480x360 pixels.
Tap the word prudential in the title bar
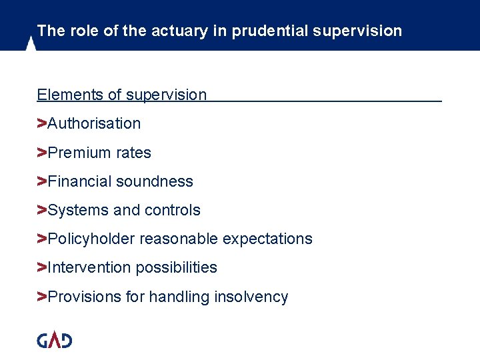coord(265,31)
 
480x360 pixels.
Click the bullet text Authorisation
coord(94,123)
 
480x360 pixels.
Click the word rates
coord(133,153)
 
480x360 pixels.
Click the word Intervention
coord(89,267)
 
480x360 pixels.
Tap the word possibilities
coord(177,267)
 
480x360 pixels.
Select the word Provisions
coord(84,297)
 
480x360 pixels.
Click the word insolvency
coord(251,297)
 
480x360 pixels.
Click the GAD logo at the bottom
coord(54,340)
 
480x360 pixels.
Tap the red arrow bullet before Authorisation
coord(41,123)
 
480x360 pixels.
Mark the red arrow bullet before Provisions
coord(41,297)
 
